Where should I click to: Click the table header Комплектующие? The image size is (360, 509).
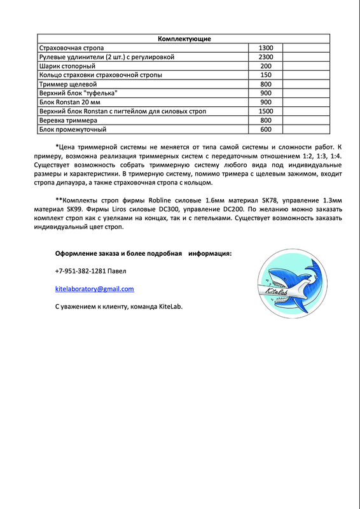pyautogui.click(x=184, y=39)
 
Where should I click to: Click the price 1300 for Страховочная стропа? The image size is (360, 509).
pyautogui.click(x=266, y=48)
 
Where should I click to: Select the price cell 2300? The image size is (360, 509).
pyautogui.click(x=266, y=57)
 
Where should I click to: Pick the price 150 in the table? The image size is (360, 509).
pyautogui.click(x=266, y=75)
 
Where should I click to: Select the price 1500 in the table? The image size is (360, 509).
pyautogui.click(x=266, y=111)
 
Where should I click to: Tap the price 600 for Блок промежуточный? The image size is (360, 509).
pyautogui.click(x=266, y=129)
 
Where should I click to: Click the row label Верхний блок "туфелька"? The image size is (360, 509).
pyautogui.click(x=79, y=94)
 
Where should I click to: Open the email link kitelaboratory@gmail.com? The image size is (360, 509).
pyautogui.click(x=95, y=289)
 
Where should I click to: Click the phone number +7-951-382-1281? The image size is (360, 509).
pyautogui.click(x=80, y=271)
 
